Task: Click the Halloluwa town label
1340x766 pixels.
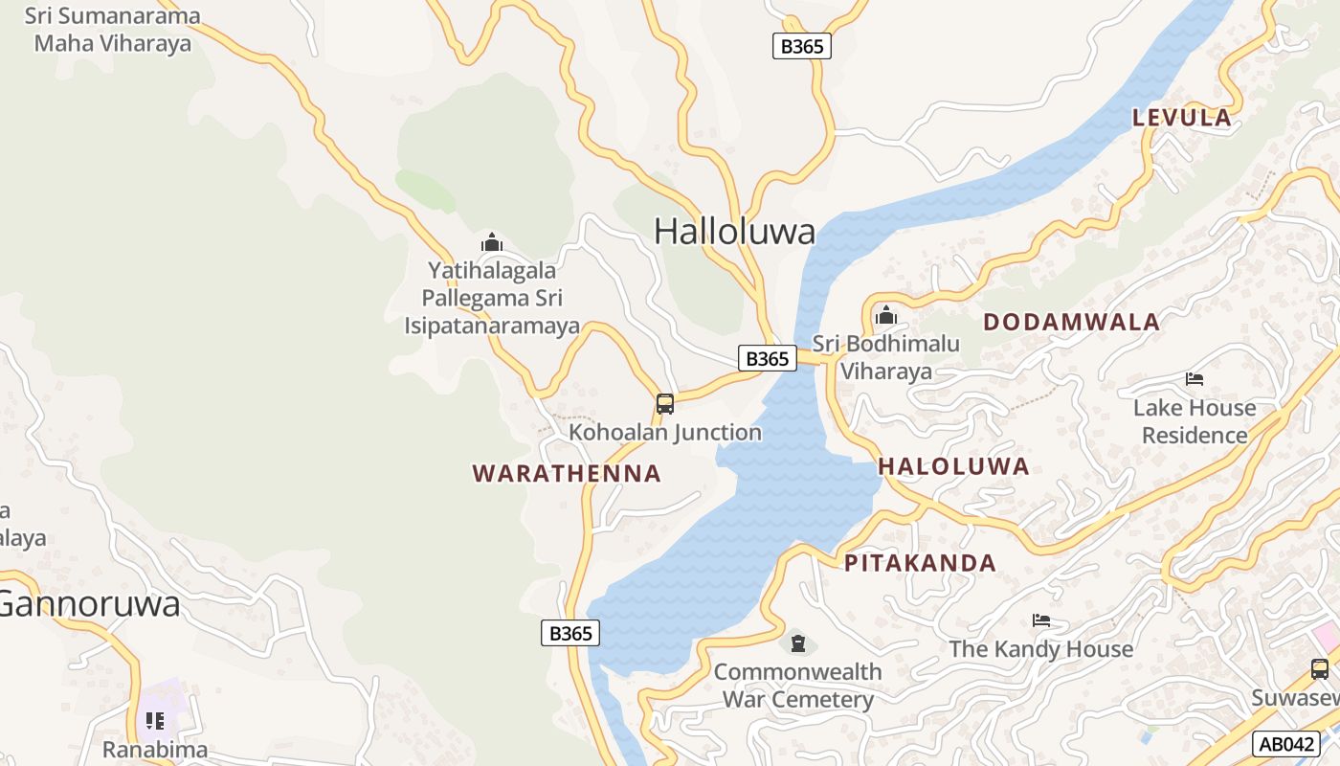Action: point(734,231)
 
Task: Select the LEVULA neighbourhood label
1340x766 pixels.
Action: point(1182,118)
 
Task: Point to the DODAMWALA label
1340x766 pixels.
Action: point(1071,322)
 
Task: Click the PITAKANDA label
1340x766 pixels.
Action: point(920,563)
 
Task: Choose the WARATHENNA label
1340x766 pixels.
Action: point(567,473)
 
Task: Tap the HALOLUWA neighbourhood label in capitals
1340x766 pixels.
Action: point(953,466)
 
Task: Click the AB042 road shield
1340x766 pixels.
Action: point(1285,744)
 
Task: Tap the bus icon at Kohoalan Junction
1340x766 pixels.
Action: point(665,404)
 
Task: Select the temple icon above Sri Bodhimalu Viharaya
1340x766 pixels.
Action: point(886,315)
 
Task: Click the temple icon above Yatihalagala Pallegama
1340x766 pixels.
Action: point(492,242)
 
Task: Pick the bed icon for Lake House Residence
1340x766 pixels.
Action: point(1195,379)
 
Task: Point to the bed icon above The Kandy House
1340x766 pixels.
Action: point(1041,620)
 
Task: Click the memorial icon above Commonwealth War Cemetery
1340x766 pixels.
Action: point(798,643)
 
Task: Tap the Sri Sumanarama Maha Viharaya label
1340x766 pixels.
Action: point(113,30)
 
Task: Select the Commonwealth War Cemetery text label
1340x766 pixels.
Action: point(798,686)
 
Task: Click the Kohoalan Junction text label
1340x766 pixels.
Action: point(665,433)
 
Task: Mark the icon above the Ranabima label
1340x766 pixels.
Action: point(155,720)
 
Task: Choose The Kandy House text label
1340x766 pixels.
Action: point(1041,649)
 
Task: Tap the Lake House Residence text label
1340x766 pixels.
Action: point(1195,421)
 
